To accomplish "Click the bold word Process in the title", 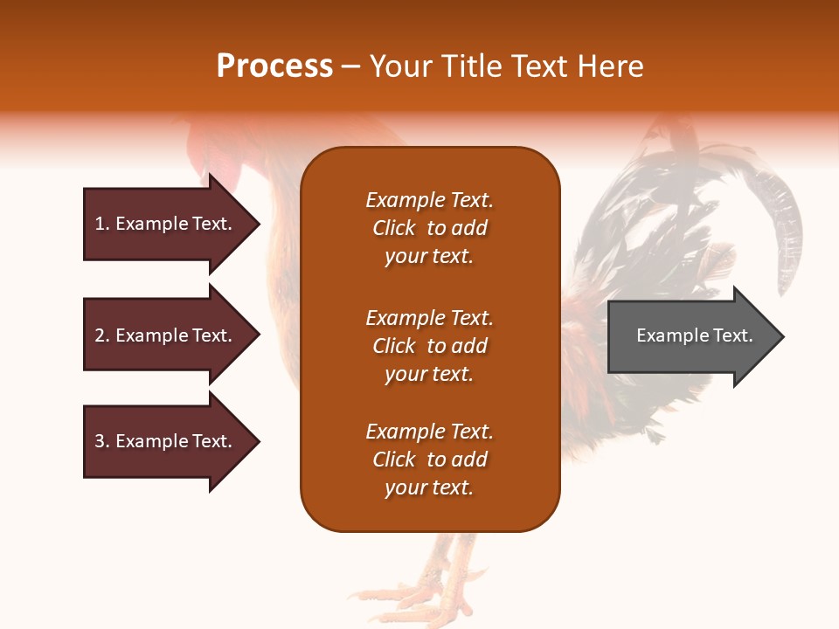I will [274, 66].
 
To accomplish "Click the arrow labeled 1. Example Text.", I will [166, 224].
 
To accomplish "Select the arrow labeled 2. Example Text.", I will [166, 335].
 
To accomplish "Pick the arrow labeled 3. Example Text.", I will [166, 441].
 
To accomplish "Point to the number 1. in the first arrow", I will [102, 224].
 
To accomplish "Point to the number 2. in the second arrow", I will [102, 335].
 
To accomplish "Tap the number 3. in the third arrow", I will [102, 441].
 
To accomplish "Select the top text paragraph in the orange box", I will [429, 228].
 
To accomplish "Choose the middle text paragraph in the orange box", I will [429, 346].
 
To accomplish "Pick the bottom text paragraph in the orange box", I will [429, 460].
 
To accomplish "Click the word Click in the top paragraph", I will [393, 228].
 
